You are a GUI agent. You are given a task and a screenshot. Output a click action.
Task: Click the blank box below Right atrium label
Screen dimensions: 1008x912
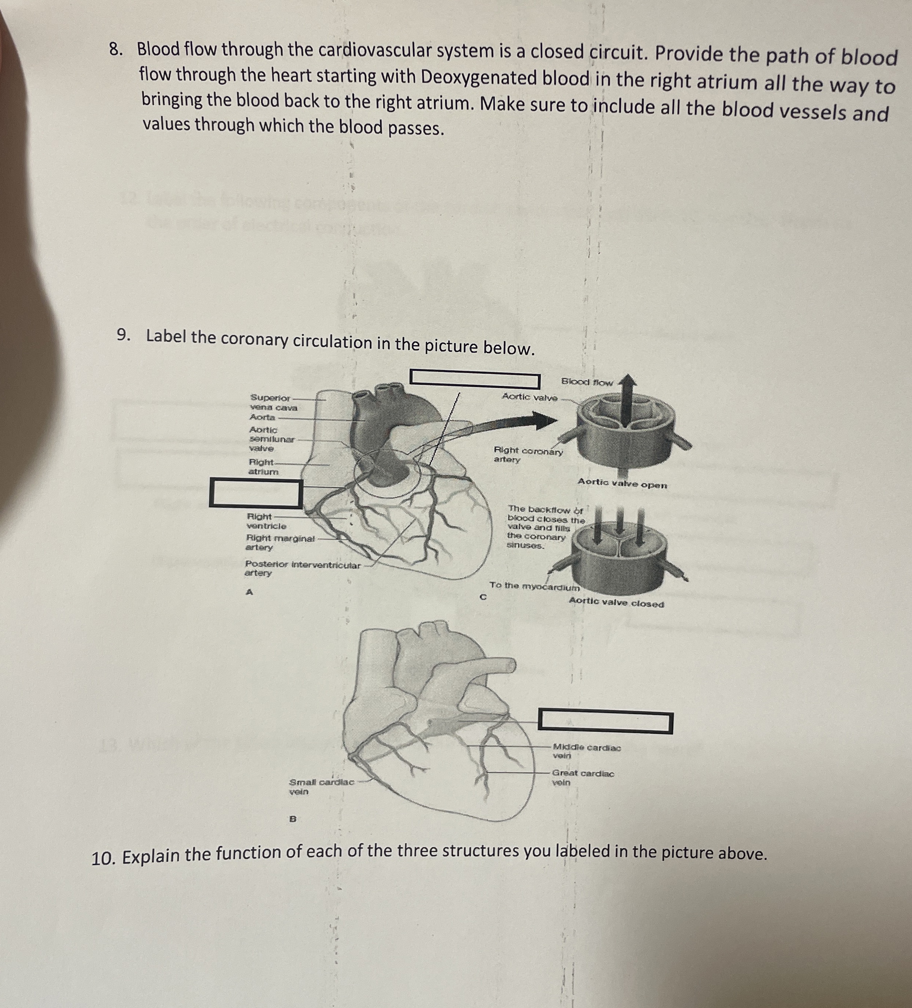point(256,493)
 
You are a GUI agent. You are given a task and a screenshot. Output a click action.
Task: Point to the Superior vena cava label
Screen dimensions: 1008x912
point(272,402)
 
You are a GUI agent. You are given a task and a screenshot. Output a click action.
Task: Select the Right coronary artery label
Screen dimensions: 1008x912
point(527,455)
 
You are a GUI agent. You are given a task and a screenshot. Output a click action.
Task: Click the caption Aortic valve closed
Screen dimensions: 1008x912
point(616,603)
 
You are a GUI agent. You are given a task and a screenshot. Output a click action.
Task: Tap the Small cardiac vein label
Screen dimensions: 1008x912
point(321,786)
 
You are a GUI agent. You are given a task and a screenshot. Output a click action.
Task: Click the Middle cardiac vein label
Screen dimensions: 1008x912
point(586,752)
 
